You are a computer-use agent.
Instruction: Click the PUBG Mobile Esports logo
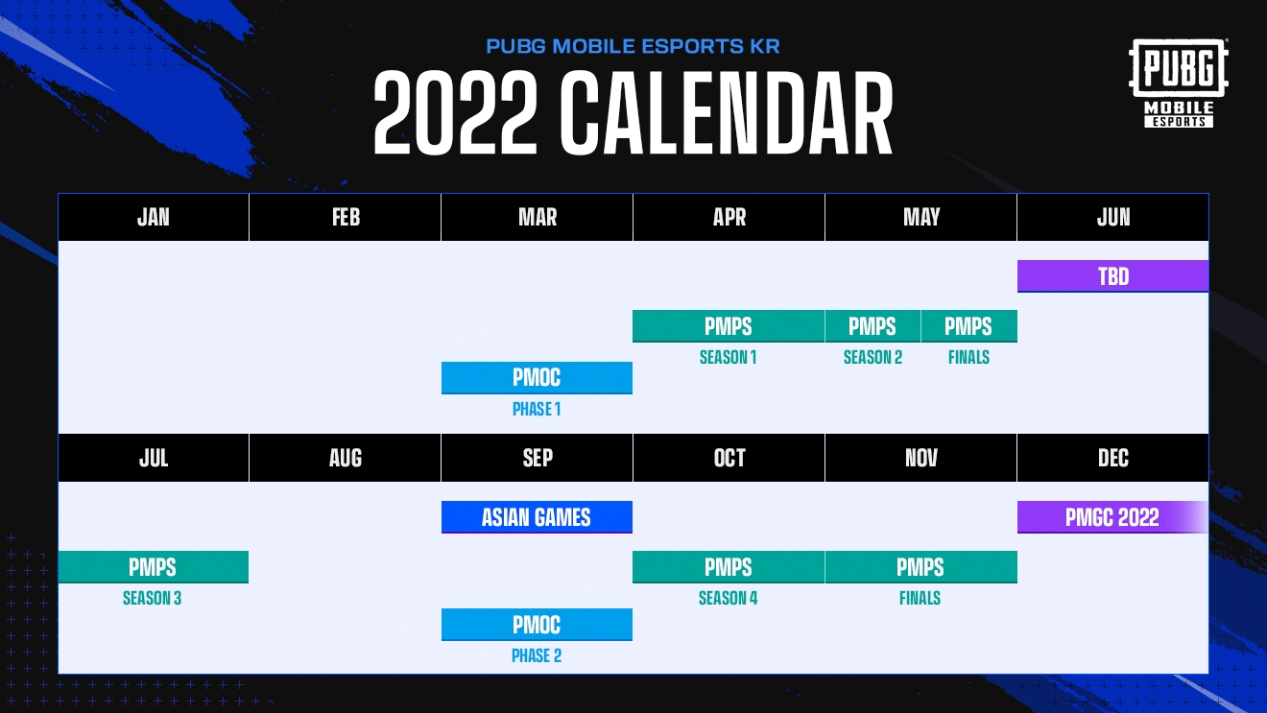click(1178, 83)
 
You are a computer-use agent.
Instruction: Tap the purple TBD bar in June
click(1112, 276)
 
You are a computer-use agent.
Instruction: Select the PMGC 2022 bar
click(1112, 517)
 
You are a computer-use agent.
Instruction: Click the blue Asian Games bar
click(537, 517)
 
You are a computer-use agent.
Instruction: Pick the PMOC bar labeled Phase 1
click(537, 378)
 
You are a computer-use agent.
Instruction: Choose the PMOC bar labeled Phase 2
click(537, 624)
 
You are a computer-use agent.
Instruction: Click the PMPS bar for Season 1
click(729, 326)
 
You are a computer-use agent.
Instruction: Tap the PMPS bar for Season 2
click(873, 326)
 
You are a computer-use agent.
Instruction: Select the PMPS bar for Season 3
click(154, 566)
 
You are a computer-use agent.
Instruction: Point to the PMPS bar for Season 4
click(729, 566)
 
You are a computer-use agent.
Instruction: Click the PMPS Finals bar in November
click(920, 566)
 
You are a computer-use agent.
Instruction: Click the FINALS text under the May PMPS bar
click(968, 357)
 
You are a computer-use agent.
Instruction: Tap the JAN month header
click(154, 217)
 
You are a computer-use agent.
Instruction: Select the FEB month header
click(345, 217)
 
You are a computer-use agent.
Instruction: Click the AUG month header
click(345, 458)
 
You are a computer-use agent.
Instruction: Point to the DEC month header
click(1112, 458)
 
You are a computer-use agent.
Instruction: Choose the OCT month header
click(729, 458)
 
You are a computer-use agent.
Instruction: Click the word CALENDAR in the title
click(727, 113)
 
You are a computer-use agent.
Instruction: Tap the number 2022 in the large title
click(455, 113)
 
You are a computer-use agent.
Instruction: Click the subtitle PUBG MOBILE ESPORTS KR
click(633, 46)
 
